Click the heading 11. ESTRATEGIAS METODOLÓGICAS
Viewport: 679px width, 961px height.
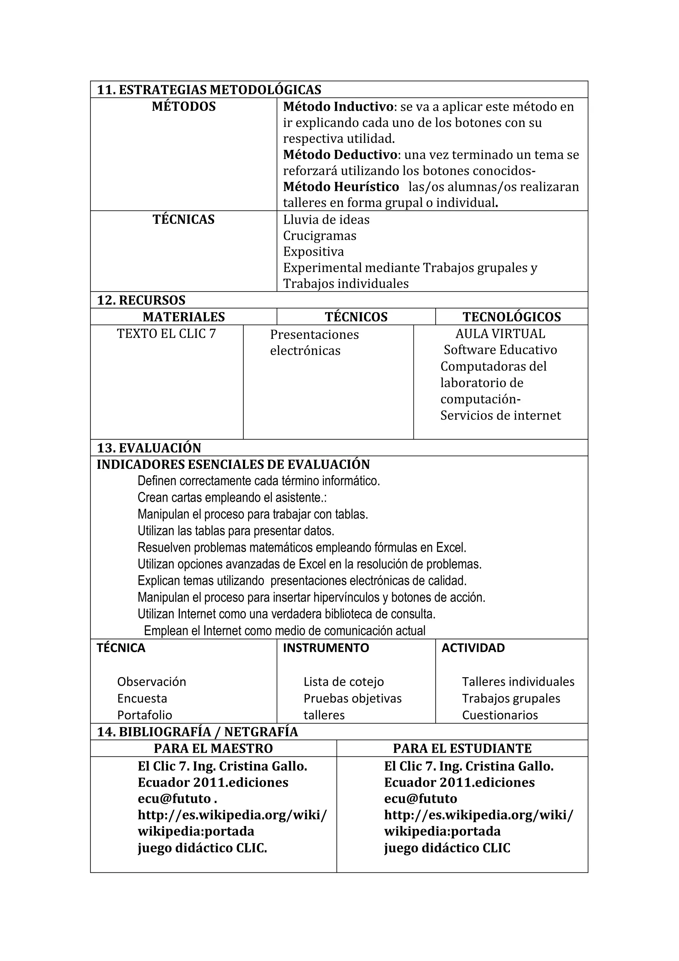tap(209, 90)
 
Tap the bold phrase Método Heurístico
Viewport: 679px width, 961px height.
tap(341, 186)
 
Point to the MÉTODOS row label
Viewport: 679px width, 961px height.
tap(184, 106)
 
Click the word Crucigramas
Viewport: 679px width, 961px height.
tap(320, 236)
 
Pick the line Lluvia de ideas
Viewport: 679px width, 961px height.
tap(326, 220)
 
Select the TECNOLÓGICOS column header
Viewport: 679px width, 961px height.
tap(512, 317)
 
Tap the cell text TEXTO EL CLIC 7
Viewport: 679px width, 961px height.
tap(166, 334)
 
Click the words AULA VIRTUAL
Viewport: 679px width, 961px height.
tap(500, 334)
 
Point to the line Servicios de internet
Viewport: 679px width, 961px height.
tap(500, 415)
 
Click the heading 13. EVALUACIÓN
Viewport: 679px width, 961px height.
tap(149, 448)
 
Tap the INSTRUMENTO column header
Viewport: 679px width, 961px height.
tap(326, 648)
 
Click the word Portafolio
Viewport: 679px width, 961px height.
tap(145, 715)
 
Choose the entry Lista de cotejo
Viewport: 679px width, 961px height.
tap(343, 681)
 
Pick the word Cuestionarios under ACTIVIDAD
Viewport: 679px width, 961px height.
tap(500, 715)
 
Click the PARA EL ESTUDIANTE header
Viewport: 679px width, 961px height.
tap(462, 748)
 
